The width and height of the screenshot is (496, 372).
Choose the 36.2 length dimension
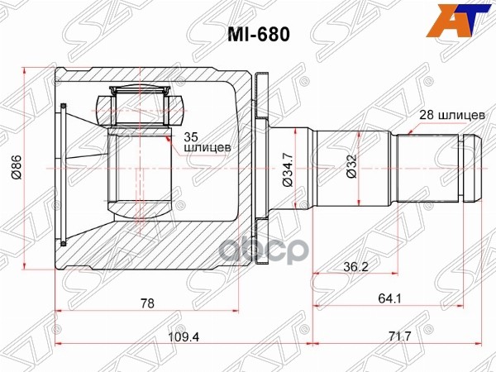point(355,267)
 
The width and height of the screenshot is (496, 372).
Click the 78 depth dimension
point(147,303)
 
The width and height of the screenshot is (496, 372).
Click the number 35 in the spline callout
point(191,136)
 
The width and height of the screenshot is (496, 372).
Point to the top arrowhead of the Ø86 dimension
point(26,73)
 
